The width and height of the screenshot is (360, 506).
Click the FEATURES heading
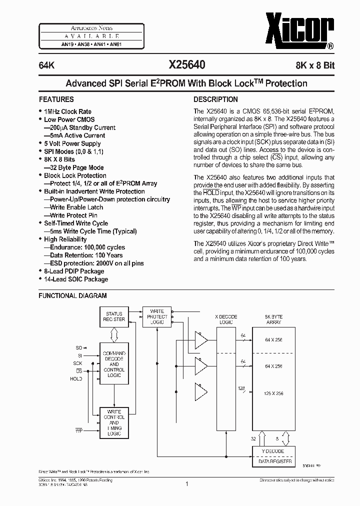point(56,99)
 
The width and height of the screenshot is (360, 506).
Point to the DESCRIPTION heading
point(215,99)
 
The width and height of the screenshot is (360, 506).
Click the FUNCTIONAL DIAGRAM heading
point(73,295)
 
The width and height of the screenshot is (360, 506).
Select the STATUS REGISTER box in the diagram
point(114,316)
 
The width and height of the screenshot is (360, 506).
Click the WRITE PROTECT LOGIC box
point(156,317)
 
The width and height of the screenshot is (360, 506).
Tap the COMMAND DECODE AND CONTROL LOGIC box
point(114,363)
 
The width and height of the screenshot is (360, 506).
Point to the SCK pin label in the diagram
point(77,363)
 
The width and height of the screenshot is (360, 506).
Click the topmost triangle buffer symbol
point(201,341)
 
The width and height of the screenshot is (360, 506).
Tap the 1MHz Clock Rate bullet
point(67,111)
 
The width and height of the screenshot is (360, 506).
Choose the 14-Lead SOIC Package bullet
point(75,279)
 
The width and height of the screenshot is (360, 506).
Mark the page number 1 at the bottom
point(186,484)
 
